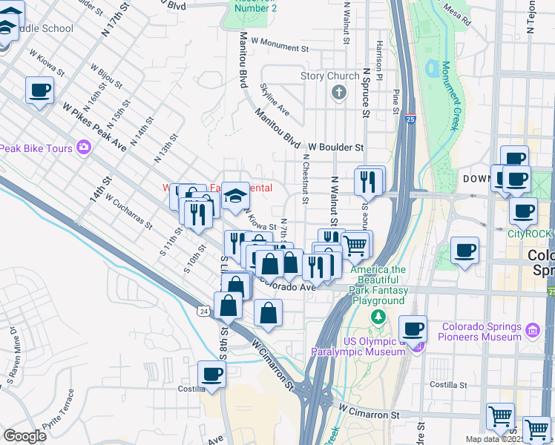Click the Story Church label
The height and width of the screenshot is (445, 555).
(329, 76)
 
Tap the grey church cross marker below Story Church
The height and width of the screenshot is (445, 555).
(339, 93)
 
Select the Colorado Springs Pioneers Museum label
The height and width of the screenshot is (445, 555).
(482, 332)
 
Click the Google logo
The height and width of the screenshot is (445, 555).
(25, 435)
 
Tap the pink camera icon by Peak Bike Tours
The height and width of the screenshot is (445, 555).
(84, 148)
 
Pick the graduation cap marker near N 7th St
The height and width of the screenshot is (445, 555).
(235, 195)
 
